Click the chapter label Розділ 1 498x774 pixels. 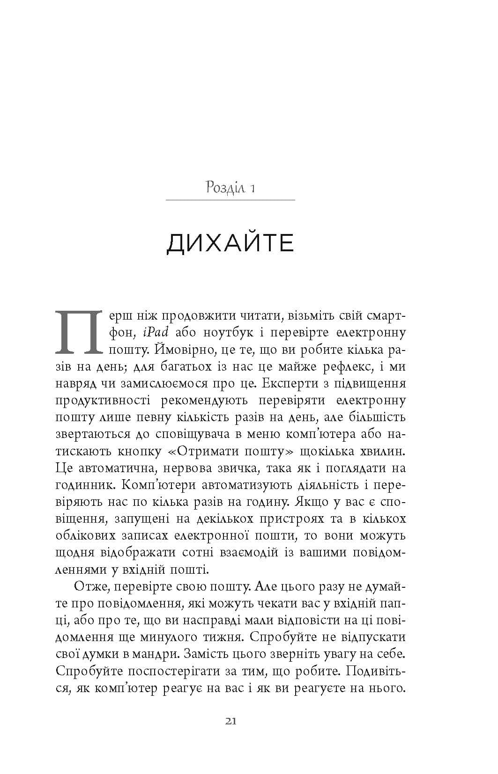[230, 188]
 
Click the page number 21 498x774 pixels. [230, 721]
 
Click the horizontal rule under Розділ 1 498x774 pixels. [230, 200]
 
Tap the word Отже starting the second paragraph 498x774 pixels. [90, 586]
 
